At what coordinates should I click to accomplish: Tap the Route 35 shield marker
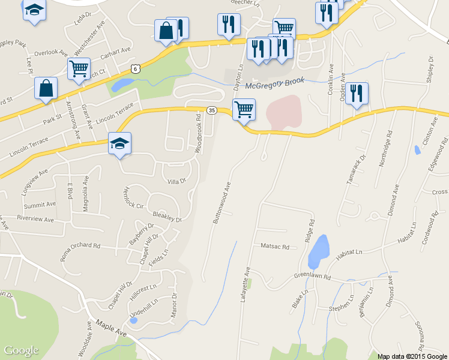[211, 110]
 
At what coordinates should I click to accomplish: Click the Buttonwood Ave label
[221, 203]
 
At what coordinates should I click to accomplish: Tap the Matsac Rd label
[275, 247]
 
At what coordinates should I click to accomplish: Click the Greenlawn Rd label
[312, 277]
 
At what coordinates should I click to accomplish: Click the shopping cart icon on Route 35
[244, 109]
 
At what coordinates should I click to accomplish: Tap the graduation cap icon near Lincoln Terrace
[119, 143]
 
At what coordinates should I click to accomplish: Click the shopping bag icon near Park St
[46, 88]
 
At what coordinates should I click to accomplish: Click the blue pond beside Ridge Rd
[319, 250]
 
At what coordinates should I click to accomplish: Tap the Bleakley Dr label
[167, 216]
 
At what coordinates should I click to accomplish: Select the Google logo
[21, 350]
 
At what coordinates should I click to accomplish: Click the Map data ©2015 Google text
[411, 356]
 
